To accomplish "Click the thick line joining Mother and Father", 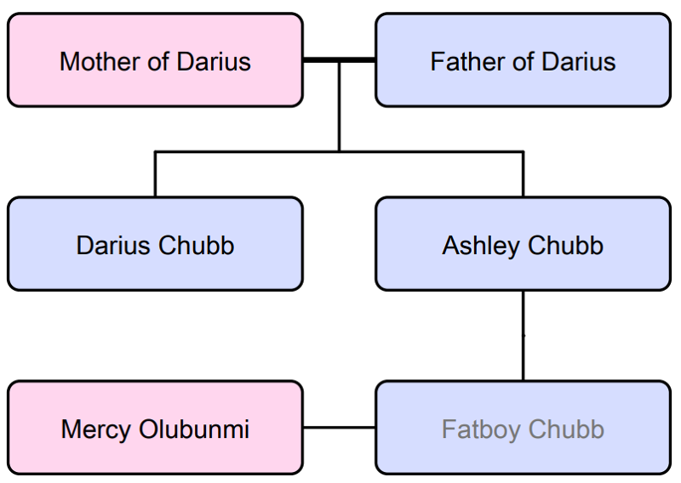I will tap(339, 60).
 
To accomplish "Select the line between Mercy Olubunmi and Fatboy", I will tap(339, 428).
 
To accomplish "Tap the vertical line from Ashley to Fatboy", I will tap(523, 336).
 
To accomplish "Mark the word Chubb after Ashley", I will tap(565, 245).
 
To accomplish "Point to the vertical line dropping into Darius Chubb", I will tap(155, 174).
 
